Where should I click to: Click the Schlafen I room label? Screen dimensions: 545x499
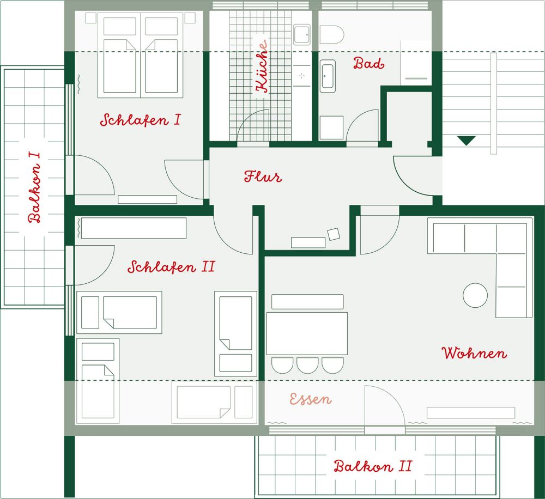coord(141,120)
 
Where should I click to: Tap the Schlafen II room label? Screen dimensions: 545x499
coord(171,267)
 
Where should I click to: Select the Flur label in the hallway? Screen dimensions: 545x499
coord(263,177)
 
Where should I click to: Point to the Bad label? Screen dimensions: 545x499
coord(369,63)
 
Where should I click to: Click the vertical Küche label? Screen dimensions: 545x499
coord(262,66)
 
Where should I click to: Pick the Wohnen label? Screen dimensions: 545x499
coord(474,353)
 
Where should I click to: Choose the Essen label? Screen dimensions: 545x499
coord(311,399)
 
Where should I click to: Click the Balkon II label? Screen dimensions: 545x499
coord(373,466)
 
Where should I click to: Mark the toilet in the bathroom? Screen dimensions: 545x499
coord(331,35)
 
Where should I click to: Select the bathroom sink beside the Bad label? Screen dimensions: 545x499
coord(328,76)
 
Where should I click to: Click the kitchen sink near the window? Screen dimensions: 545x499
coord(302,34)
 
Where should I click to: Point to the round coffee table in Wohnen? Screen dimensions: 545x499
coord(475,295)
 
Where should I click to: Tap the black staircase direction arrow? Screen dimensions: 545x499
coord(466,141)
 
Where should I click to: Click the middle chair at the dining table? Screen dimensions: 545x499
coord(307,365)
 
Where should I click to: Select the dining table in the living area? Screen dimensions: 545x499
coord(307,333)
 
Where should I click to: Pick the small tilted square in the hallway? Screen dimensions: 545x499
coord(334,234)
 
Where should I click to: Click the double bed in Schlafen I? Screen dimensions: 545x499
coord(141,55)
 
